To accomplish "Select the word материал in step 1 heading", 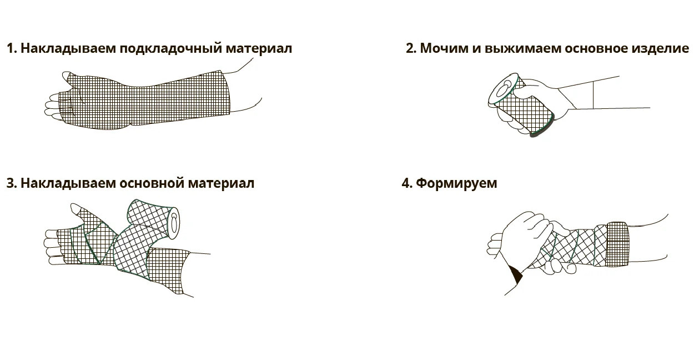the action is [x=258, y=48].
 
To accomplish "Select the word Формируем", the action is [x=456, y=183].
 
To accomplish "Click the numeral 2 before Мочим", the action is [x=410, y=48].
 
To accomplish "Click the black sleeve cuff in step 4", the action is [x=516, y=274].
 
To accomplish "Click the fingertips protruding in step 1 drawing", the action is [x=52, y=106].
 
